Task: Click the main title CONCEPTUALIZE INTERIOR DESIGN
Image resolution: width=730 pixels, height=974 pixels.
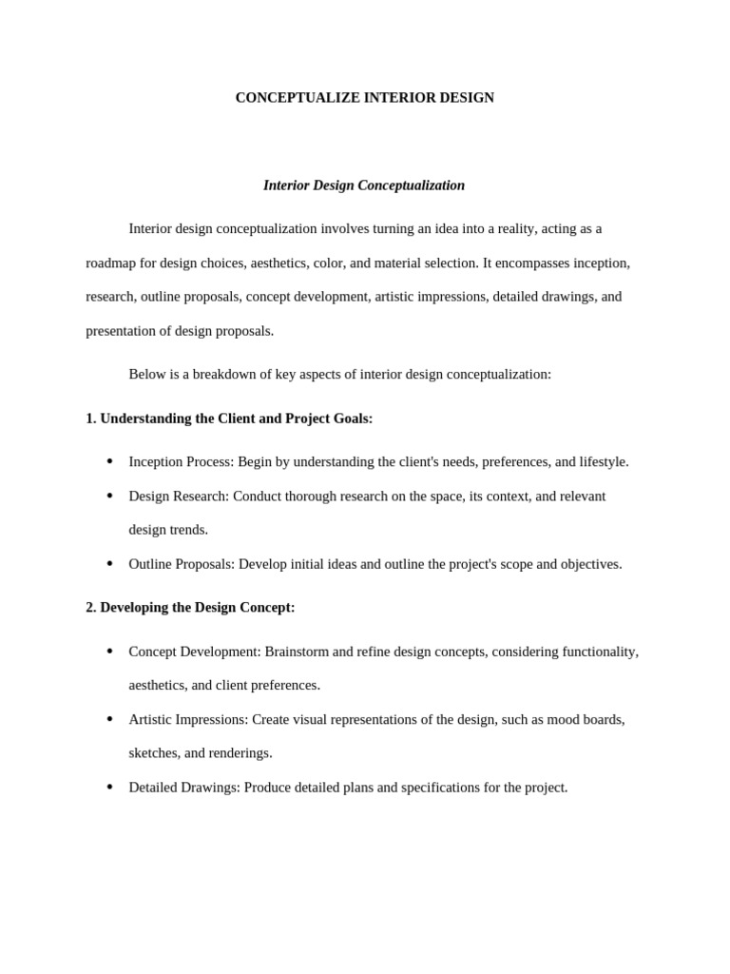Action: tap(364, 98)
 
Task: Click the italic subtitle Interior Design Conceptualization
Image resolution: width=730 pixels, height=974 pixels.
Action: tap(364, 185)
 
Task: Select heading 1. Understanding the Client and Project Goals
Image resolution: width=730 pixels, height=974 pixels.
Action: tap(229, 419)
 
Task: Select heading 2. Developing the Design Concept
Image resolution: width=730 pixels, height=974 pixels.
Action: tap(190, 608)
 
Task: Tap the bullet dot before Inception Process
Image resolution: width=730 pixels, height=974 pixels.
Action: tap(109, 462)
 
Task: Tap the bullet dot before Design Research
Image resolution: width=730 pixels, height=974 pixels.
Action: tap(109, 497)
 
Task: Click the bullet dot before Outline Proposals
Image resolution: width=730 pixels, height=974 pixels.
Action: tap(109, 564)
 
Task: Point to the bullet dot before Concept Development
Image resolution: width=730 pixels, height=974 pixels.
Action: tap(109, 652)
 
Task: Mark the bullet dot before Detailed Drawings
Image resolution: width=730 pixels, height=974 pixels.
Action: tap(109, 788)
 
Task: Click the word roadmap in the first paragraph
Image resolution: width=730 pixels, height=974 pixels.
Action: tap(112, 263)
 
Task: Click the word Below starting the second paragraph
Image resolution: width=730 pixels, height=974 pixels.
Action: tap(147, 375)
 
